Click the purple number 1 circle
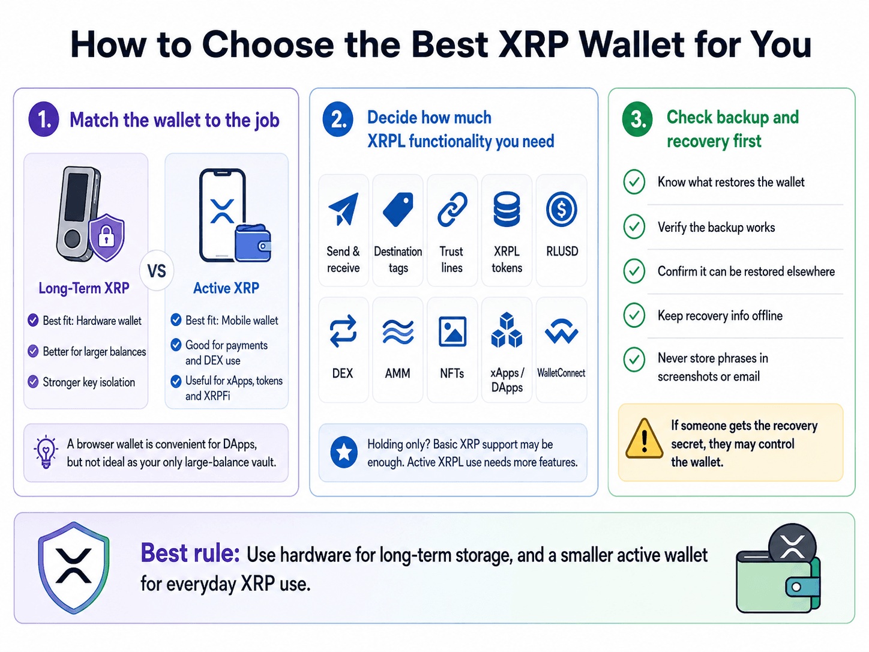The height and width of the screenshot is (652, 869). tap(44, 119)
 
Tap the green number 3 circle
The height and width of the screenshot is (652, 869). tap(637, 119)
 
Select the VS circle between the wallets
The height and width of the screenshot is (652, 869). tap(157, 271)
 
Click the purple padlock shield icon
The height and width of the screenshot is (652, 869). tap(106, 237)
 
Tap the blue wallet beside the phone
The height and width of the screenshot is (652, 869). tap(253, 244)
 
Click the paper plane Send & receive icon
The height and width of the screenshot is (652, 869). tap(344, 209)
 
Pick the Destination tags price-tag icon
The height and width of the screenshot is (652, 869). tap(398, 209)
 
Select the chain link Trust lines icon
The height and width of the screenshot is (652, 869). tap(452, 209)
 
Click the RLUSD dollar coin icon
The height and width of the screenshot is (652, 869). tap(561, 209)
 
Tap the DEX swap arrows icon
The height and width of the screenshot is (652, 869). tap(343, 331)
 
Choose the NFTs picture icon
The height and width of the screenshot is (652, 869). tap(452, 331)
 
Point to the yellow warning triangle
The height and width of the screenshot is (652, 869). tap(644, 438)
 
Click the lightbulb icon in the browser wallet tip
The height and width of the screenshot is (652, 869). tap(46, 451)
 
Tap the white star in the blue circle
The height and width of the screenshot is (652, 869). tap(344, 452)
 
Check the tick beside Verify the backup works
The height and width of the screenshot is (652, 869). tap(634, 226)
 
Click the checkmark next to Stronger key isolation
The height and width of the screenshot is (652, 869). tap(33, 382)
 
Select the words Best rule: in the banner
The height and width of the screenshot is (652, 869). tap(190, 553)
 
